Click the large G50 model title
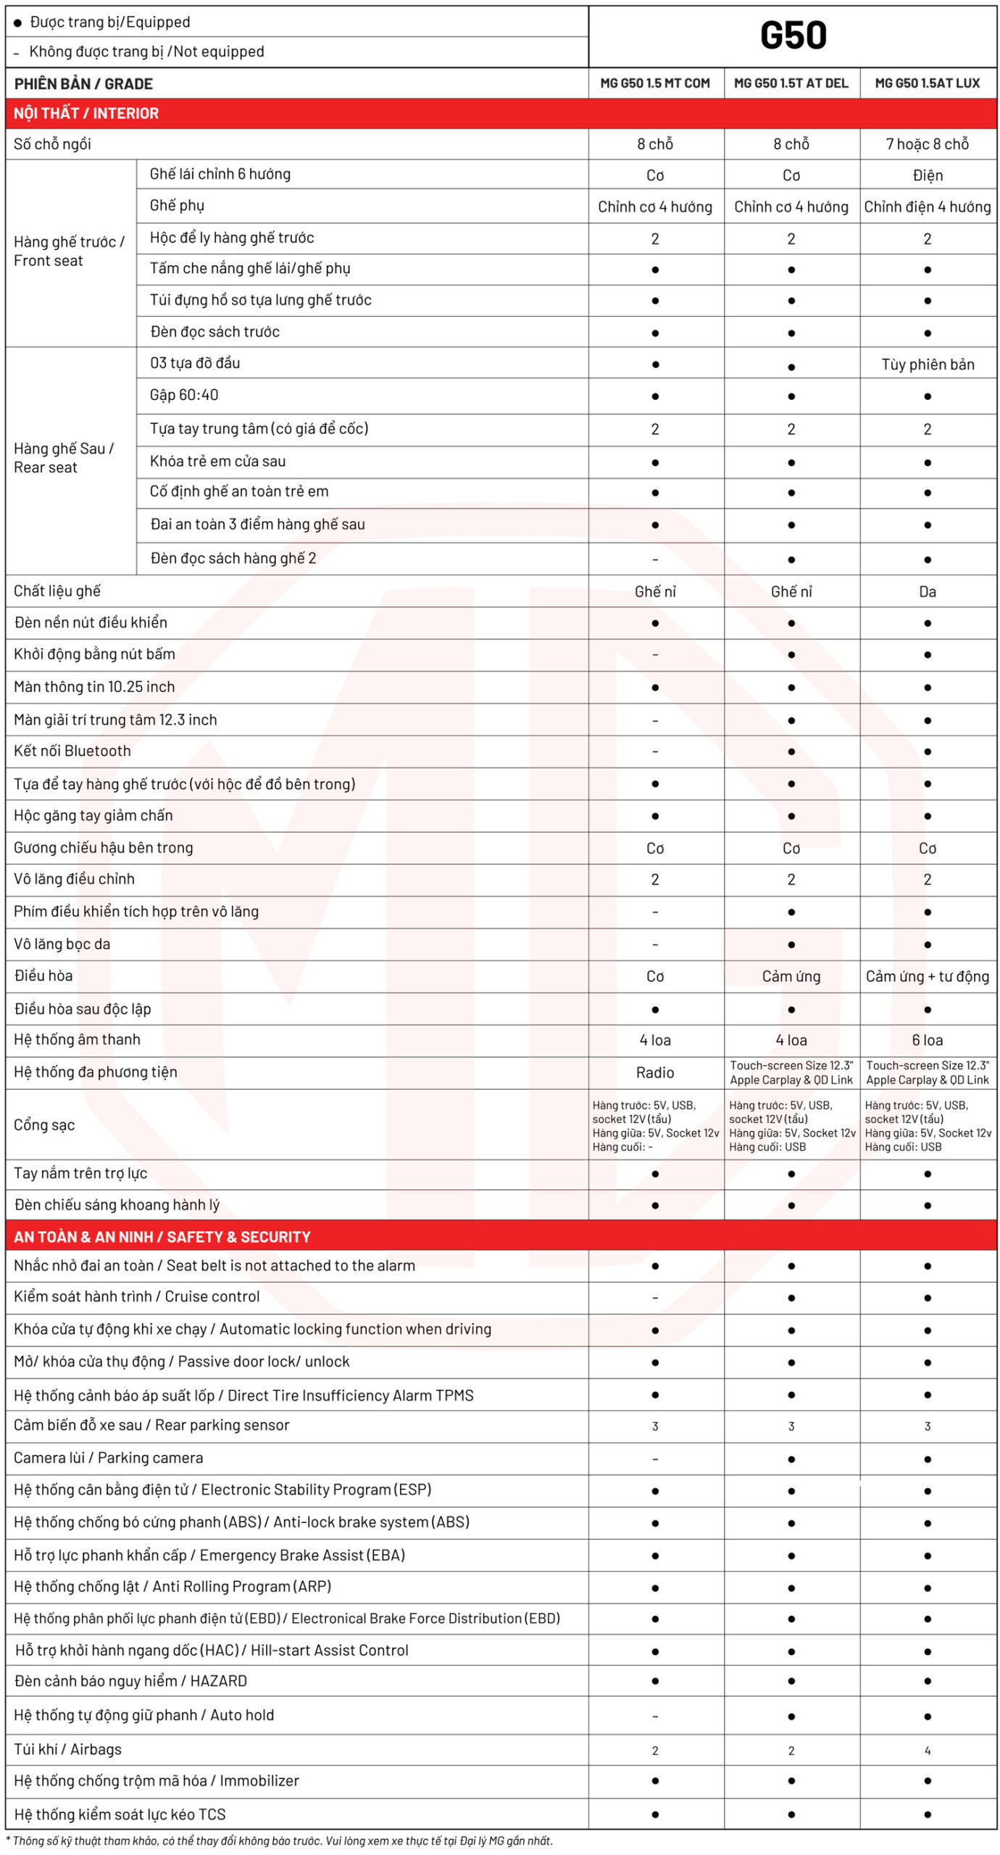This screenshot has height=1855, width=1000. (x=793, y=36)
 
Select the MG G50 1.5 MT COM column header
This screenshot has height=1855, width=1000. (x=655, y=83)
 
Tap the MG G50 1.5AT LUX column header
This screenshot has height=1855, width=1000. (x=927, y=83)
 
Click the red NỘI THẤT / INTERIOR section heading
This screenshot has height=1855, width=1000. (x=86, y=113)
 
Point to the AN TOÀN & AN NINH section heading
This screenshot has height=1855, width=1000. (x=162, y=1236)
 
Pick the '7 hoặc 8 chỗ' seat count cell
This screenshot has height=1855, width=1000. (x=927, y=144)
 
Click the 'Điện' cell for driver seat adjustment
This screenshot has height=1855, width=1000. (x=928, y=175)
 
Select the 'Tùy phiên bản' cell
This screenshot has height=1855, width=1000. (x=928, y=364)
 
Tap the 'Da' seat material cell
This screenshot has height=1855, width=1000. (x=927, y=591)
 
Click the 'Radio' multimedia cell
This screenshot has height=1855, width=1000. (x=655, y=1072)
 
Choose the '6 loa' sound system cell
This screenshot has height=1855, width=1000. (x=927, y=1040)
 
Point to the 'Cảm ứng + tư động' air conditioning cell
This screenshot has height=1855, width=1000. (x=927, y=976)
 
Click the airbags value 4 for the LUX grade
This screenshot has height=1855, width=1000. (x=928, y=1750)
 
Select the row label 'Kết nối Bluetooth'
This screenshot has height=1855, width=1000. (x=72, y=751)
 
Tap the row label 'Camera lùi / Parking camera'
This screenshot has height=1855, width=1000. (x=109, y=1457)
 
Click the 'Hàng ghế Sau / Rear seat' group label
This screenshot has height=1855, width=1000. (x=64, y=457)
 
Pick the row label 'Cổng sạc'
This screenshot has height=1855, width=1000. (x=44, y=1125)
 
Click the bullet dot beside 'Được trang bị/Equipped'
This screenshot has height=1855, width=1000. (x=17, y=23)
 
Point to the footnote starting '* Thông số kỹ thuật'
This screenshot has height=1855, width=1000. (x=283, y=1841)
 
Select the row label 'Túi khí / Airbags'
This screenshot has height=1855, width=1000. (x=68, y=1749)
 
